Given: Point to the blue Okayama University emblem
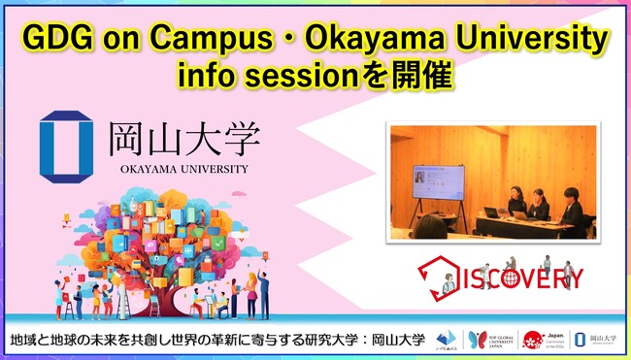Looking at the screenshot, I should (66, 147).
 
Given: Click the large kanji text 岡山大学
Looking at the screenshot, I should (182, 139).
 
